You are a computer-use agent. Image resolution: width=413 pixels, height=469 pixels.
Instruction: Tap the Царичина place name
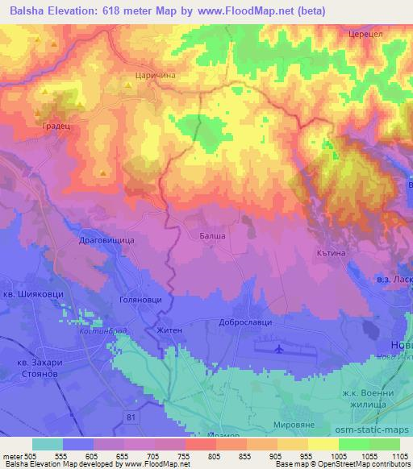point(149,75)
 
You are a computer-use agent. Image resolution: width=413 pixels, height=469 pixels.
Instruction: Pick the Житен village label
point(169,330)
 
